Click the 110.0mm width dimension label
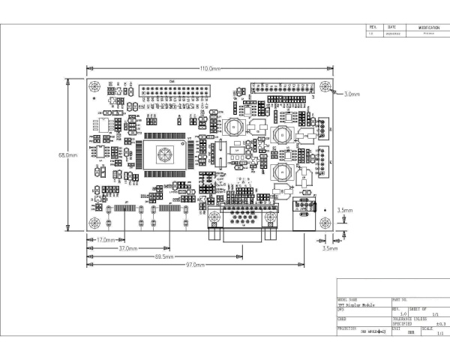point(210,68)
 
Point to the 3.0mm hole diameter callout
point(352,94)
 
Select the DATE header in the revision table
point(391,28)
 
